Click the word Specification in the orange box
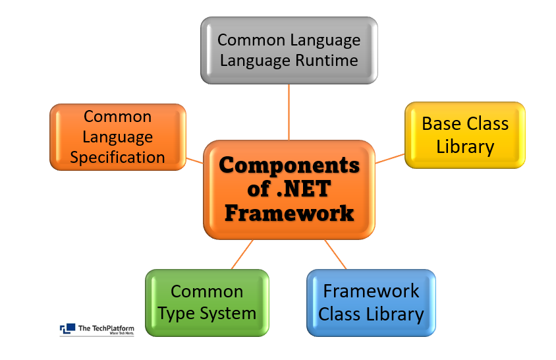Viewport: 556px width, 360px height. [118, 158]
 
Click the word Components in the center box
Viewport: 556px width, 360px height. [289, 165]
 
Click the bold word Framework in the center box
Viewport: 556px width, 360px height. [289, 214]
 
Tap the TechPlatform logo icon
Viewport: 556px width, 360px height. [67, 328]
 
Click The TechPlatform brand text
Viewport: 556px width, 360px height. [103, 328]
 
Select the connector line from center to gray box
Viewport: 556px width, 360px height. [289, 112]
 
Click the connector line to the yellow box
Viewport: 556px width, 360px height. [390, 158]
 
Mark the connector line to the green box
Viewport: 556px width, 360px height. [242, 254]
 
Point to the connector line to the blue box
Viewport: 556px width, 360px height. [335, 254]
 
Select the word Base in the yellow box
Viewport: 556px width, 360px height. [443, 124]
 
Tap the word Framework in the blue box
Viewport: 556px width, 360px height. [371, 291]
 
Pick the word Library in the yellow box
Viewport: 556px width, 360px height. [465, 146]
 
